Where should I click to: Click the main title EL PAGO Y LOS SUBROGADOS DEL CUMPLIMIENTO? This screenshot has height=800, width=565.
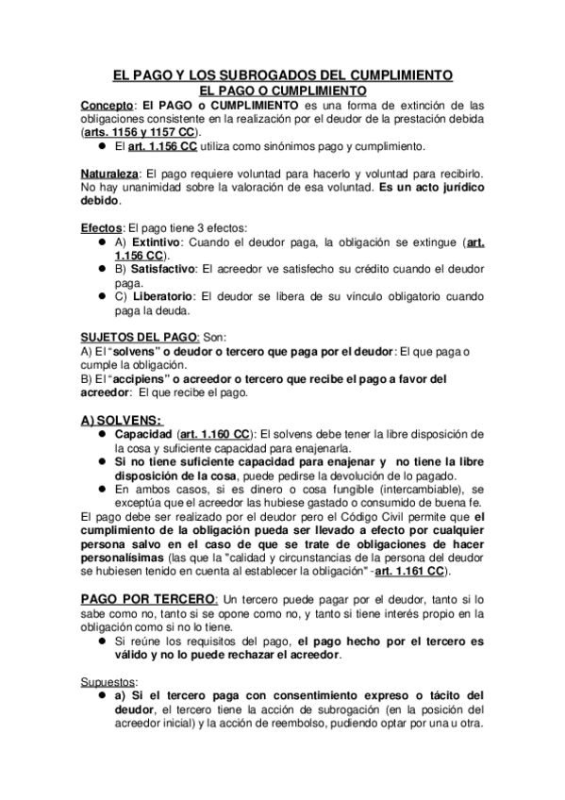pos(282,75)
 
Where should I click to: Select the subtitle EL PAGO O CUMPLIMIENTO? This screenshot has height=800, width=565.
pos(282,89)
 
